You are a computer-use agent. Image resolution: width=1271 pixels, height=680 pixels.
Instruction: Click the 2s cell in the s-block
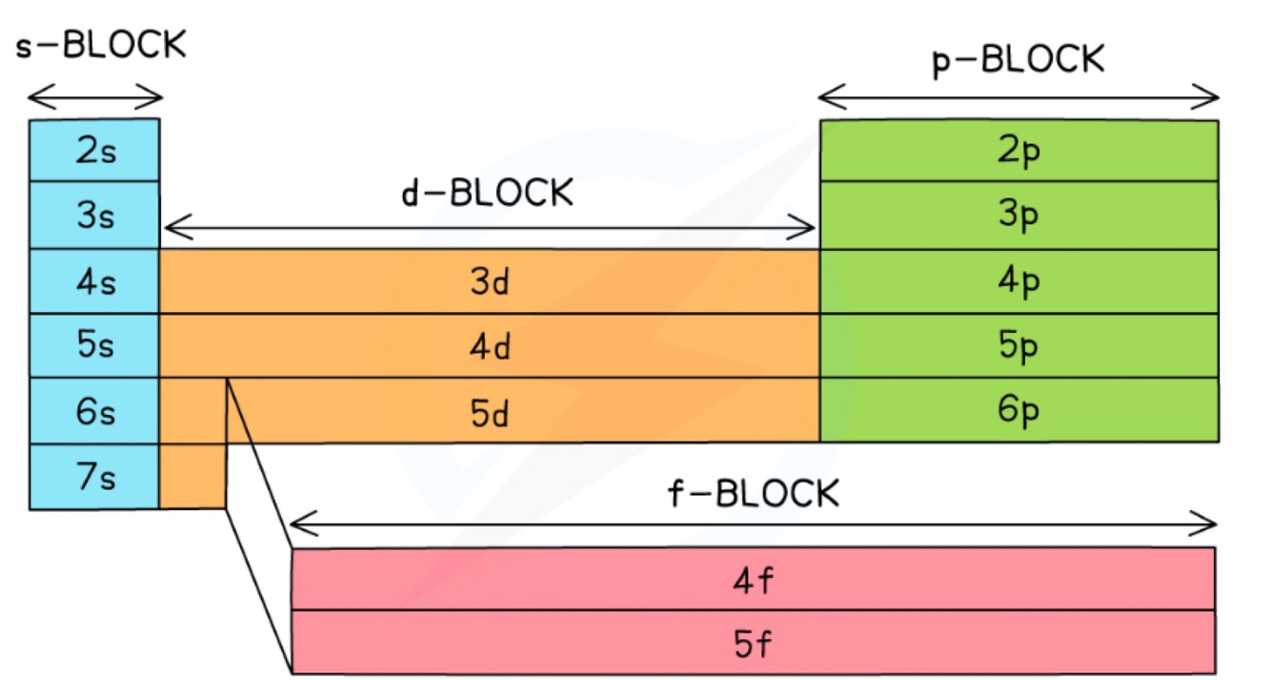[94, 151]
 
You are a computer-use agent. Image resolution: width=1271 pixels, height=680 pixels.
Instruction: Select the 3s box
[94, 216]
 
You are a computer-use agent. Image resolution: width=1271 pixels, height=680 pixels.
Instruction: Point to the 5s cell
[94, 345]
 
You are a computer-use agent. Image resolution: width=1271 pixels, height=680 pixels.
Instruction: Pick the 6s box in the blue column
[94, 411]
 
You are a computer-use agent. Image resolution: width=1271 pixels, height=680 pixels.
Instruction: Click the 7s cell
[94, 477]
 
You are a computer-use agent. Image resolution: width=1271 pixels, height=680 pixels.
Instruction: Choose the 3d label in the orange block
[490, 281]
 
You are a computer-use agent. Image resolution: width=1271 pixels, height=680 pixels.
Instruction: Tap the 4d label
[490, 346]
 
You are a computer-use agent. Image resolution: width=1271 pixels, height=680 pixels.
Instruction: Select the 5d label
[490, 412]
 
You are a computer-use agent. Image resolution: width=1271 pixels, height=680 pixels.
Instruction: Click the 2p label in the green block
[1019, 152]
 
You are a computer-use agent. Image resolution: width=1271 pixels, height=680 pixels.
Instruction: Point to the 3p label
[1019, 216]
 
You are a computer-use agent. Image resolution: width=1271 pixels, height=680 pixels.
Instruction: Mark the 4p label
[1019, 281]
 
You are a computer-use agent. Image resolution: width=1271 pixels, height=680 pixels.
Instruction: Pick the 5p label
[1019, 345]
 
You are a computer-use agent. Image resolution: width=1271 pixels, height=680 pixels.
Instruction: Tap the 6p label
[1019, 410]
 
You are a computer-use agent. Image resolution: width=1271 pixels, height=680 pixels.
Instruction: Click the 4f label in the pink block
[753, 581]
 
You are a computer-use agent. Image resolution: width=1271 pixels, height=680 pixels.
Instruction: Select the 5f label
[753, 644]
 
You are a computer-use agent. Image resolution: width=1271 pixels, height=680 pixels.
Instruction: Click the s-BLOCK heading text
[101, 45]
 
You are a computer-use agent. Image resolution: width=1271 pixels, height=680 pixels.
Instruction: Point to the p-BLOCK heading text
[1019, 60]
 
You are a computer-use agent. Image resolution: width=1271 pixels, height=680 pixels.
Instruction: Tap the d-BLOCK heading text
[488, 194]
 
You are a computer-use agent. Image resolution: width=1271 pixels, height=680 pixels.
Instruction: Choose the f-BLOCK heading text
[754, 492]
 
